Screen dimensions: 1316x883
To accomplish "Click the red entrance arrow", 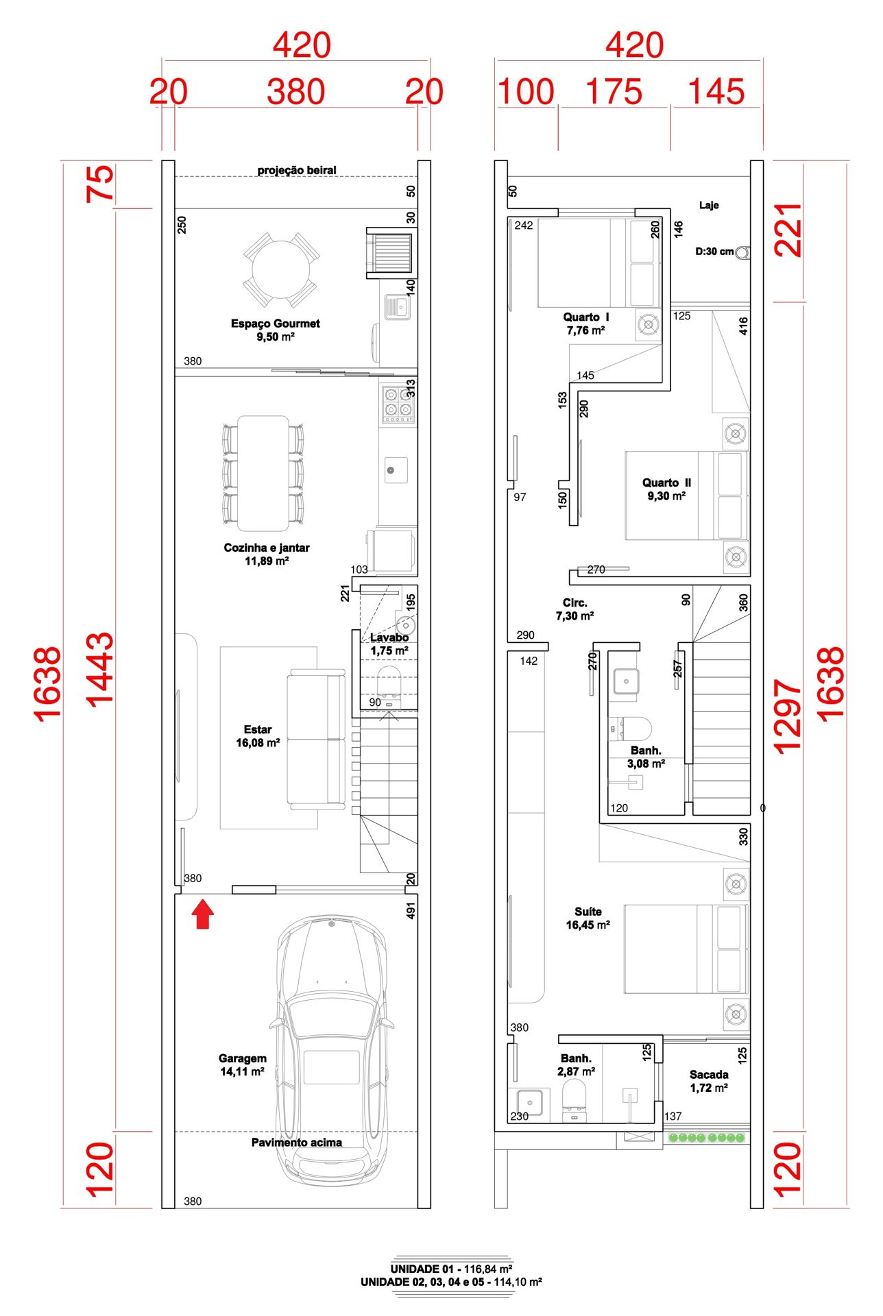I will coord(202,915).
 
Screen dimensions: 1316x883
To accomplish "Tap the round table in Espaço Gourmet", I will coord(280,269).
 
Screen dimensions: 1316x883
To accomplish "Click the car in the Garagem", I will coord(332,1049).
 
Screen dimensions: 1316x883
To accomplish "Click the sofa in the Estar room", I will coord(316,739).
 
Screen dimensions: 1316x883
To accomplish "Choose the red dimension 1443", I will coord(99,670).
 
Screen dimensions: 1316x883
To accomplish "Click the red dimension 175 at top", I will coord(614,92).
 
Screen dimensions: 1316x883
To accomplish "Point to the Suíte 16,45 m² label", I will coord(588,918).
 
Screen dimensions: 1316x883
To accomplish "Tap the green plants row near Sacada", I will coord(707,1138).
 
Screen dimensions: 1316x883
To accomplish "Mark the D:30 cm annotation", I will coord(714,252).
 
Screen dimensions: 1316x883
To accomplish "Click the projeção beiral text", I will coord(297,170).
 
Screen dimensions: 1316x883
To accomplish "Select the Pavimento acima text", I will coord(296,1142).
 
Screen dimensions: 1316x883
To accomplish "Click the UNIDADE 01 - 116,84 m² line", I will coord(451,1269).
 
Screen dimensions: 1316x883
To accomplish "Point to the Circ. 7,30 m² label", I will coord(574,609).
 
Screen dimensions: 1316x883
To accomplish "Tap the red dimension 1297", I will coord(787,716).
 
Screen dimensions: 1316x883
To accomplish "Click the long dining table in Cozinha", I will coord(263,473).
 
